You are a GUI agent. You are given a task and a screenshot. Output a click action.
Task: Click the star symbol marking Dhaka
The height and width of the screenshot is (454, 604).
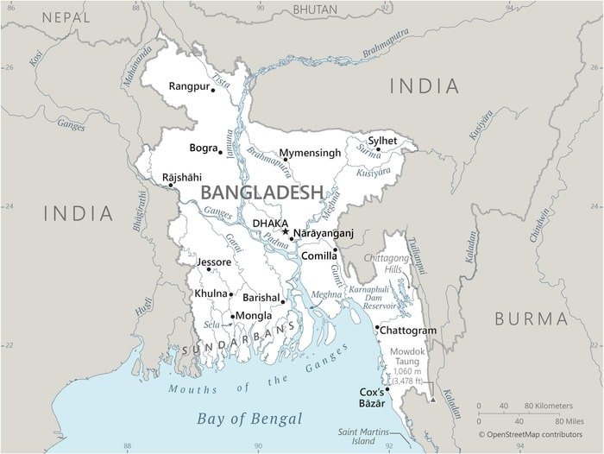coord(286,231)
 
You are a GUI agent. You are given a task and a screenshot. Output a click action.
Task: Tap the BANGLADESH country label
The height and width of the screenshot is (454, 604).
coord(261,192)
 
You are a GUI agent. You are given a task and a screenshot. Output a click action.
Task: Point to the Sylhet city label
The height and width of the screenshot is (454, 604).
coord(382,140)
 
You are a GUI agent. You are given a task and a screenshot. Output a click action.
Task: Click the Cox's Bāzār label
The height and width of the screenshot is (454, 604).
coord(371,398)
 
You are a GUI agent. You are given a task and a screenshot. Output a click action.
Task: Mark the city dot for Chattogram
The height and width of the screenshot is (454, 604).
coord(377,328)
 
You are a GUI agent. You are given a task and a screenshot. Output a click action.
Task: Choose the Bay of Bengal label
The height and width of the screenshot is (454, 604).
coord(249,419)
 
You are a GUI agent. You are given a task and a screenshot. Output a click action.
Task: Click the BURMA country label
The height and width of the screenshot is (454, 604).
coord(531,318)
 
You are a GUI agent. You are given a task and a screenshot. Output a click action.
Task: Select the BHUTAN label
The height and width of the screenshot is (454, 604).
coord(315,9)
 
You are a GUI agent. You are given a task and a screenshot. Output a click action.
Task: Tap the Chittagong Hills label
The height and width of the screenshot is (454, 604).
coord(386,264)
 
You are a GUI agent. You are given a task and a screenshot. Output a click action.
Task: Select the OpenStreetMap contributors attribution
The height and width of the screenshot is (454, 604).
coord(535,434)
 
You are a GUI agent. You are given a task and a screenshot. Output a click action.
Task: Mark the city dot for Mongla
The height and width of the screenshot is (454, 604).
coord(232,316)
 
